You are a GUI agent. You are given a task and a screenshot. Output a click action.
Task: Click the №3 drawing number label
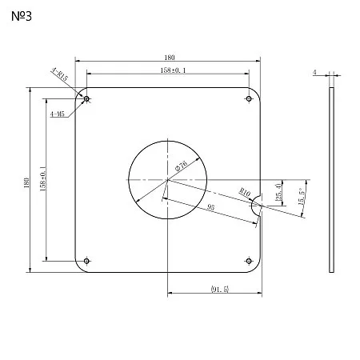pos(22,16)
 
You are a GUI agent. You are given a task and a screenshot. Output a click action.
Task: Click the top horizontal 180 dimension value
pos(170,58)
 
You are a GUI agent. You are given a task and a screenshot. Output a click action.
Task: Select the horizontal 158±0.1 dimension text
pos(173,70)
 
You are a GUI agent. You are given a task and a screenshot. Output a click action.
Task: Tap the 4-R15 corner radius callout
pos(60,74)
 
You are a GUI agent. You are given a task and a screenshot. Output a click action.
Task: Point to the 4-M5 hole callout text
pos(58,114)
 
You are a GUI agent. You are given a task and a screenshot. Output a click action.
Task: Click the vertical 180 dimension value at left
pos(26,182)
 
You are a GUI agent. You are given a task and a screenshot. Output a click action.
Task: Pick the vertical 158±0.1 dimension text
pos(43,178)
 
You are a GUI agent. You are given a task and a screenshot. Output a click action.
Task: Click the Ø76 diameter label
pos(182,166)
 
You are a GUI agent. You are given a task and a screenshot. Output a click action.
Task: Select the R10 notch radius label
pos(245,192)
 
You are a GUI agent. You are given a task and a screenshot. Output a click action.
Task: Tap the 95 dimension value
pos(210,207)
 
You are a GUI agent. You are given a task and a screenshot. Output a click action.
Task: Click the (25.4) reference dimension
pos(278,192)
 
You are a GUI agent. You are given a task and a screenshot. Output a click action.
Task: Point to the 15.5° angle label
pos(302,196)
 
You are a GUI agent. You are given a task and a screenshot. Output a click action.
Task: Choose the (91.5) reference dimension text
pos(220,289)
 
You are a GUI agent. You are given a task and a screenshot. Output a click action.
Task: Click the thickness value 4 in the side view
pos(314,72)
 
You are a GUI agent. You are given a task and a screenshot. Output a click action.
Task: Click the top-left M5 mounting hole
pos(86,99)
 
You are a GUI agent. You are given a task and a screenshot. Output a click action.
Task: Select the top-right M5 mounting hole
pos(249,99)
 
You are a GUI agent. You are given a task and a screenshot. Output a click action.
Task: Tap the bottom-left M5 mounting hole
pos(86,261)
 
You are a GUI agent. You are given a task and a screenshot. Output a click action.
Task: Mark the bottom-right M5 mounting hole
pos(249,261)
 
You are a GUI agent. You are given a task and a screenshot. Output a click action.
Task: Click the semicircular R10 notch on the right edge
pos(252,206)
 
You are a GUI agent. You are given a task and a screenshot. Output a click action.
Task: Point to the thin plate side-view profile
pos(331,180)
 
